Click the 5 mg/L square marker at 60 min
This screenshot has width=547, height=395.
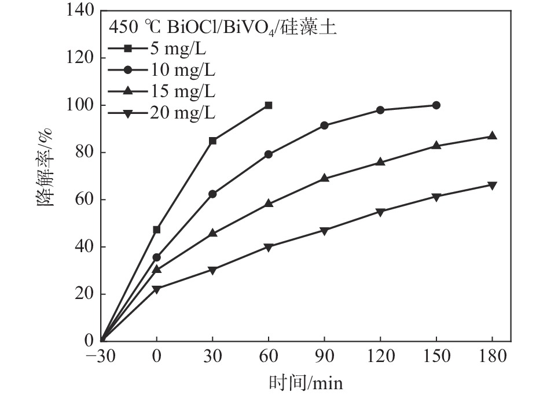[x=268, y=105]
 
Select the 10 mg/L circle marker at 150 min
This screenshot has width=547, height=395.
[x=436, y=105]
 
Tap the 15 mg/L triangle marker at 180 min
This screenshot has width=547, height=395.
[x=492, y=136]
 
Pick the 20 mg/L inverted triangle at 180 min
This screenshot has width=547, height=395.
[x=492, y=186]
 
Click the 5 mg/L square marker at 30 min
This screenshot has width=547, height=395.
[x=212, y=141]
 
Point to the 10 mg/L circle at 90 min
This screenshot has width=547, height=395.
[x=324, y=125]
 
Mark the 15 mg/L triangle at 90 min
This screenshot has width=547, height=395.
[x=324, y=178]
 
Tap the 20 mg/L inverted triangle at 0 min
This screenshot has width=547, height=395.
[x=156, y=289]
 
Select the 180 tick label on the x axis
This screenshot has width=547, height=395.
[x=492, y=356]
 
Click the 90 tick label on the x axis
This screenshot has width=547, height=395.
[x=324, y=356]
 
